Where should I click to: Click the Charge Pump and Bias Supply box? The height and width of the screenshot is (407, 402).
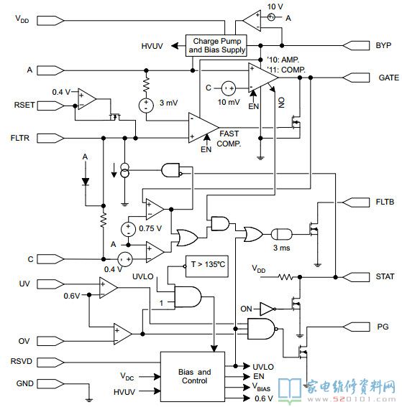[216, 45]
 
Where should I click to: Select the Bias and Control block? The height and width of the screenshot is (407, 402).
[193, 377]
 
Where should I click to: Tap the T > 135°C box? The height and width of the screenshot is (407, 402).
[207, 266]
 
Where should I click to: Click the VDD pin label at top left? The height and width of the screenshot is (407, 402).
[22, 19]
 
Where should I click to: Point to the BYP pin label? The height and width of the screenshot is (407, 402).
[383, 45]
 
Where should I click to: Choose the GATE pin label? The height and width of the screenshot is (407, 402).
[388, 78]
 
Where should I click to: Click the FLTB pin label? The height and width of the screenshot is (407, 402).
[385, 202]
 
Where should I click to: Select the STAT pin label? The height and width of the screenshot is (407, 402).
[385, 276]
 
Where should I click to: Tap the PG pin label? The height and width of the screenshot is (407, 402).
[383, 327]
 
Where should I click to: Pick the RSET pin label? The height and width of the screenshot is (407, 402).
[24, 105]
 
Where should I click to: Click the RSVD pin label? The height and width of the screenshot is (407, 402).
[22, 361]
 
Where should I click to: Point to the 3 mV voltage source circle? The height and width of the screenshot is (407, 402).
[146, 106]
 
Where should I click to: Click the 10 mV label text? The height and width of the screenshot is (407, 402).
[229, 102]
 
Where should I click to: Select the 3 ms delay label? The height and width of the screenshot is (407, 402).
[282, 248]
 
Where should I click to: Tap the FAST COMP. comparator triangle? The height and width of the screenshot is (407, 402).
[203, 128]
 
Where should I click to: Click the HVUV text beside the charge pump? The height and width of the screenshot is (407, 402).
[152, 46]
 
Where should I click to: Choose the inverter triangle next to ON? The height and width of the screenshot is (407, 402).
[267, 309]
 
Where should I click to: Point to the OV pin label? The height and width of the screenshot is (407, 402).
[24, 341]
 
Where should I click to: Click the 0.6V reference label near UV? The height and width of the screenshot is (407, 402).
[71, 296]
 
